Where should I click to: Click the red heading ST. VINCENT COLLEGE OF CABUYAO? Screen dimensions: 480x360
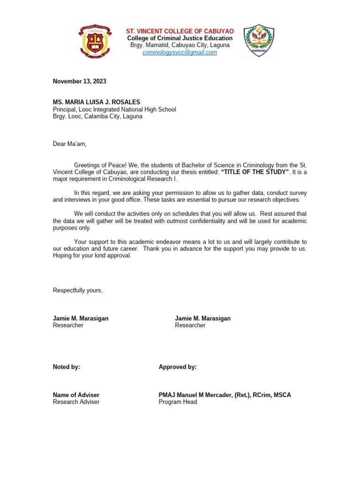tap(180, 31)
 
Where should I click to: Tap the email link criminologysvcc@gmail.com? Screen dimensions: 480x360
tap(180, 52)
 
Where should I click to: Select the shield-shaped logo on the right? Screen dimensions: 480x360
tap(259, 41)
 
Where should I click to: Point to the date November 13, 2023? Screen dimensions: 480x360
tap(79, 82)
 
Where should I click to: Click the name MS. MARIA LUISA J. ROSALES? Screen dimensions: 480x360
tap(96, 102)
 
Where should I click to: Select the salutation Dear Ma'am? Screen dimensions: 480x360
tap(69, 144)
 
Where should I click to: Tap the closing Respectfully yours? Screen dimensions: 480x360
tap(77, 290)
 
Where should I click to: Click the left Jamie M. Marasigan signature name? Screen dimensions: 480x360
tap(81, 318)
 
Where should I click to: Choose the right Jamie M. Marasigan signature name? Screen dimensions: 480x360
tap(202, 318)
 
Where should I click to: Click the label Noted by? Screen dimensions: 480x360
tap(66, 367)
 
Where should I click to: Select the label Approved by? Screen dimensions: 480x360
tap(178, 367)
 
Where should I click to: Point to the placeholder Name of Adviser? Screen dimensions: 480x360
tap(76, 395)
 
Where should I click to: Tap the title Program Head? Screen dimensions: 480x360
tap(178, 402)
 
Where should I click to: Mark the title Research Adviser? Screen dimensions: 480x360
tap(76, 402)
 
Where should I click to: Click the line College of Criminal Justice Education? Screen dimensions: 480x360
tap(180, 38)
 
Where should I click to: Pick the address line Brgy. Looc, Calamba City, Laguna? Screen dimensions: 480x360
tap(97, 116)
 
